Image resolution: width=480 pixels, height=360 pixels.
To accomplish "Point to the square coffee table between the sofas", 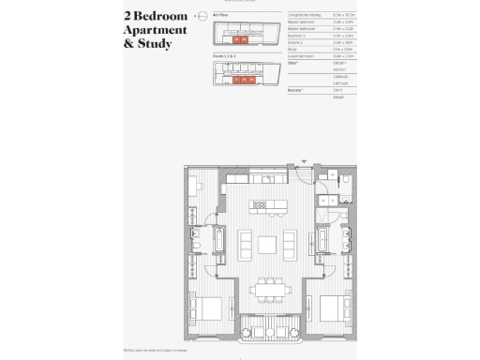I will pos(267,246).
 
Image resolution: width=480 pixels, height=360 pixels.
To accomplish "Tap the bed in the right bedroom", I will pos(330,309).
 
